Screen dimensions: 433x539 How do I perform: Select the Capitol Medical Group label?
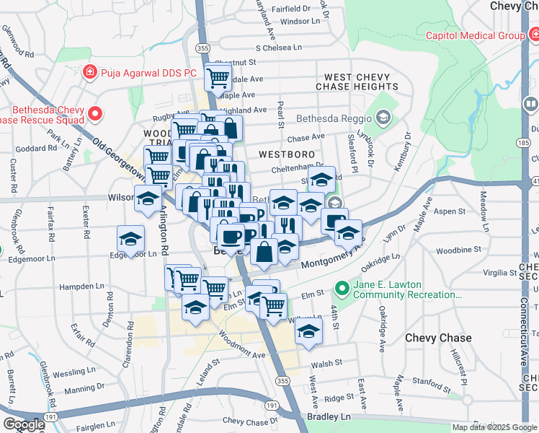point(474,35)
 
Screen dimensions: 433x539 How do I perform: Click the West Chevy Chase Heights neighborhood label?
point(361,82)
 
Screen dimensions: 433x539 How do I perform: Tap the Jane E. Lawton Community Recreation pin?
point(343,289)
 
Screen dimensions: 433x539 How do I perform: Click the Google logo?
point(23,424)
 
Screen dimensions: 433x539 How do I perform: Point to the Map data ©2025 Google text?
point(494,427)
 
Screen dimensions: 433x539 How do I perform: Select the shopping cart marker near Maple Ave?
point(218,76)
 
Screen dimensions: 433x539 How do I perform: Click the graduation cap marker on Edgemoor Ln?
point(130,239)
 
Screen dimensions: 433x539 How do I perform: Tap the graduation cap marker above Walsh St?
point(308,331)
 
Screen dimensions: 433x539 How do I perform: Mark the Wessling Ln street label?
point(70,373)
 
